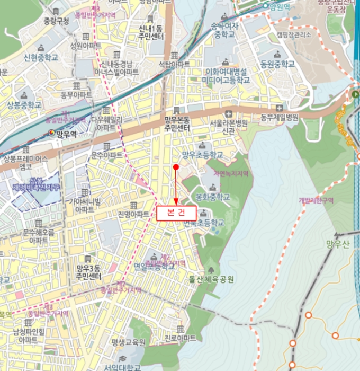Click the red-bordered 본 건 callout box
[x=176, y=213]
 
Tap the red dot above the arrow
[x=176, y=167]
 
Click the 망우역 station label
[x=66, y=135]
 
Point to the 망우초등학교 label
[x=202, y=155]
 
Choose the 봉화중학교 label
[x=213, y=196]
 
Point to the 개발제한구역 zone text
[x=316, y=200]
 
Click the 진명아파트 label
[x=133, y=214]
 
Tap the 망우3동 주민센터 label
[x=88, y=272]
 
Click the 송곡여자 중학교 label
[x=224, y=30]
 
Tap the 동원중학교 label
[x=277, y=64]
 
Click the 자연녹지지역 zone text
[x=230, y=173]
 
